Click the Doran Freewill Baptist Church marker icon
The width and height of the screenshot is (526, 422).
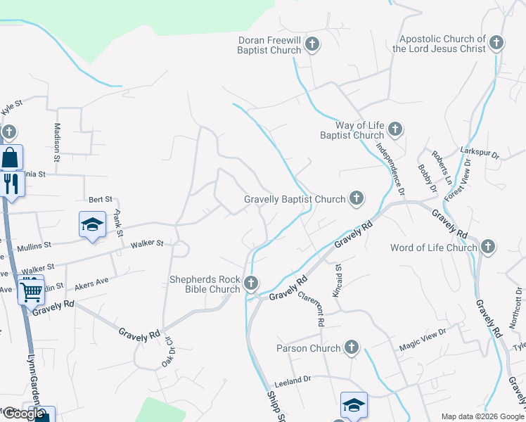(313, 46)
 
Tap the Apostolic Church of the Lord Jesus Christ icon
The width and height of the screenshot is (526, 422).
(496, 44)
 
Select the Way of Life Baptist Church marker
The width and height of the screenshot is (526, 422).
(395, 129)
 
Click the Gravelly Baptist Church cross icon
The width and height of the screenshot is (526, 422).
(357, 199)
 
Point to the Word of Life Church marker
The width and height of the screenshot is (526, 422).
(488, 247)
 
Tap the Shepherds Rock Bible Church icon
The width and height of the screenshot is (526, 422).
(251, 283)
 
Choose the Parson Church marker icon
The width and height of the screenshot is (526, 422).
(352, 347)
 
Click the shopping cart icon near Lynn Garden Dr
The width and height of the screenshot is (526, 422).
(31, 290)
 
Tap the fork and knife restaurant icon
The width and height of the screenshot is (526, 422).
(11, 184)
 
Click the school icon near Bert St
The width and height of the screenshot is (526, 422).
(92, 224)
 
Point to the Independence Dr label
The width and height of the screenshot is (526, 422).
(391, 168)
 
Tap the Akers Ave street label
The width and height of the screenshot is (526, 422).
(91, 281)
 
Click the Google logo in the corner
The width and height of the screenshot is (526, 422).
(23, 414)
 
